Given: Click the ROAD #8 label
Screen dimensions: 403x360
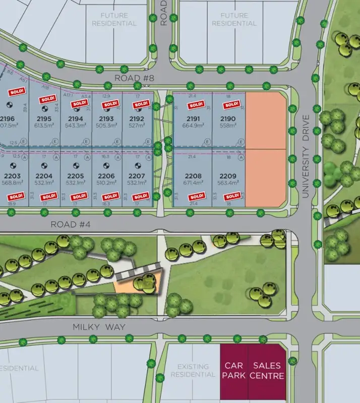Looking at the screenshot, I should coord(130,78).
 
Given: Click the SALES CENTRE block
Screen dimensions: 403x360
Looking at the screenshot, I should coord(269,371).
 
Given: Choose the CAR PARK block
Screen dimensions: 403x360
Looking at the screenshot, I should coord(234,371).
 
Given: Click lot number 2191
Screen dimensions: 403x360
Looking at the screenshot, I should coord(194,119).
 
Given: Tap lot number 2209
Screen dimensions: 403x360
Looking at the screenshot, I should coord(228,176).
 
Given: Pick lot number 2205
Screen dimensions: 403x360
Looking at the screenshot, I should coord(76,176).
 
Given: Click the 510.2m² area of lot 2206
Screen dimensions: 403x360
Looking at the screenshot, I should coord(106,184).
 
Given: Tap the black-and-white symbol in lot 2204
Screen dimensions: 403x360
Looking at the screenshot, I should coord(44,165).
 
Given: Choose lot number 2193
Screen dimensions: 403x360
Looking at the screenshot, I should coord(107,119).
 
